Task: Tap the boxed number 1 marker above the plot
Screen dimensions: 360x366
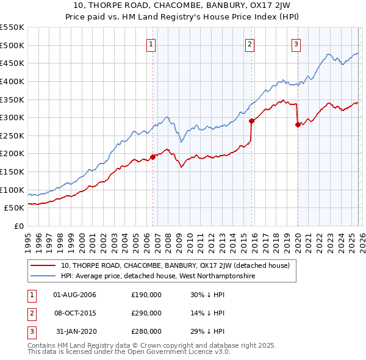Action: (x=151, y=43)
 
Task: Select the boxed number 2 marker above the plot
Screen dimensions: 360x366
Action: (x=250, y=43)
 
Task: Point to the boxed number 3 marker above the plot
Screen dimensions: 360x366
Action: (x=296, y=43)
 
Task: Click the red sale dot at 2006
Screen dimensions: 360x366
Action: (x=152, y=157)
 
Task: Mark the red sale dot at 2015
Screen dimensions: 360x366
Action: (x=251, y=121)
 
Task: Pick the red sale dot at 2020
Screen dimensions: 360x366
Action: (x=298, y=124)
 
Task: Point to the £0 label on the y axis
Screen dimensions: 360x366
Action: (x=18, y=226)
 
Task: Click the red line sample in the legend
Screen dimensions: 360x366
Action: (x=43, y=266)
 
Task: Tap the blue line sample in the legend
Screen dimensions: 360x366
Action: (x=43, y=276)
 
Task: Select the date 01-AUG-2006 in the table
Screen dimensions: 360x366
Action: (x=75, y=295)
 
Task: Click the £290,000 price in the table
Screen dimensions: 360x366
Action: (x=146, y=313)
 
